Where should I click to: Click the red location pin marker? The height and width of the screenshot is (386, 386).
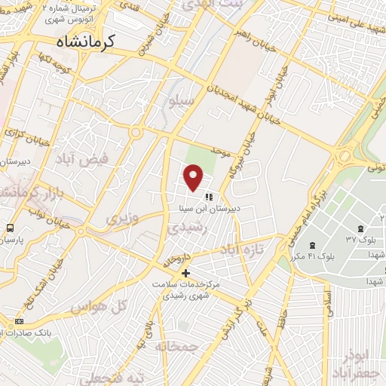195,178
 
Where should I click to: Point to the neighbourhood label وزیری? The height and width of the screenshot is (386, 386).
120,219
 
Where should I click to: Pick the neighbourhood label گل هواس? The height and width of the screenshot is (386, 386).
96,308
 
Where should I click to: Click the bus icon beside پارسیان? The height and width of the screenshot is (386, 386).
10,228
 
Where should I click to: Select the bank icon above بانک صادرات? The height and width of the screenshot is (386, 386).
18,321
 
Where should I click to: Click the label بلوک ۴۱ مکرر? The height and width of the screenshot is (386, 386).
316,257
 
